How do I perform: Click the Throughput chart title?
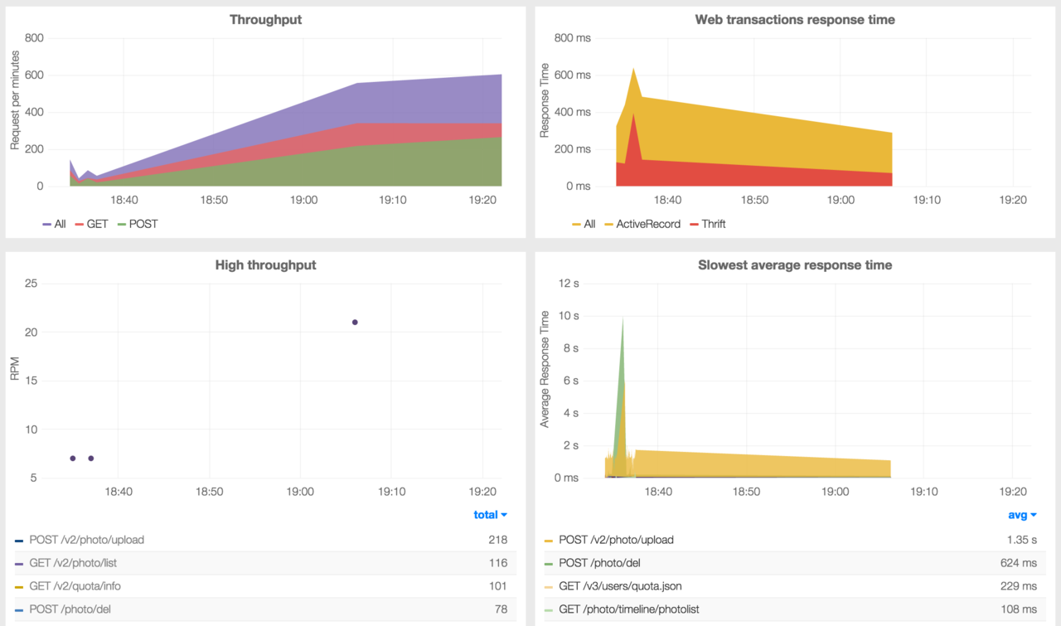coord(265,19)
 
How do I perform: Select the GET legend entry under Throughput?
coord(97,224)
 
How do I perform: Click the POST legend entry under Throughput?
coord(143,224)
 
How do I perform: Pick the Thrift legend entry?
coord(713,224)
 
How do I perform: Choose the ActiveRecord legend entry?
coord(647,224)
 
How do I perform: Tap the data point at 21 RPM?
coord(355,322)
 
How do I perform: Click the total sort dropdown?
coord(490,515)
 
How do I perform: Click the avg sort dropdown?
coord(1022,515)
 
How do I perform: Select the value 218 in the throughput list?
coord(497,540)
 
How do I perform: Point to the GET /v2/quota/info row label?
coord(80,586)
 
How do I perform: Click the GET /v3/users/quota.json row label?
coord(620,586)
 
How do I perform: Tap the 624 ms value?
coord(1018,563)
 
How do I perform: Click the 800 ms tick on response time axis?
coord(573,38)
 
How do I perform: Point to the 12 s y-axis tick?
coord(570,284)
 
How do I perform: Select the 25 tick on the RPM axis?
coord(31,284)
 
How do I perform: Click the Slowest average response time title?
coord(795,265)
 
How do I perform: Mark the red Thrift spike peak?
coord(633,114)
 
